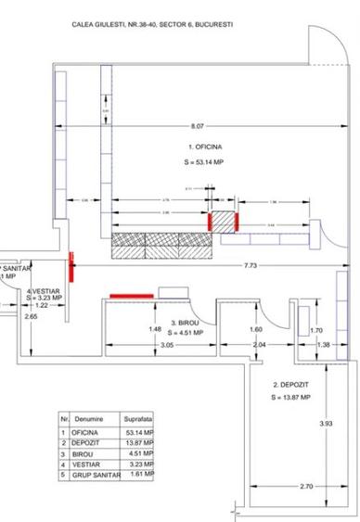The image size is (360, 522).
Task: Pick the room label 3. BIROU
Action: pyautogui.click(x=188, y=324)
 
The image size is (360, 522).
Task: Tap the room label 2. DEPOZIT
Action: pyautogui.click(x=289, y=384)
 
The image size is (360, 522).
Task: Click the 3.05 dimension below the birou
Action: pyautogui.click(x=166, y=345)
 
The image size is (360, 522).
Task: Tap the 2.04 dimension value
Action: pyautogui.click(x=260, y=345)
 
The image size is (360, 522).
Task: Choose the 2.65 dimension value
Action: pyautogui.click(x=32, y=317)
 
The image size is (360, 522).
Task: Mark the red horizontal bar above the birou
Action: pyautogui.click(x=133, y=296)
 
